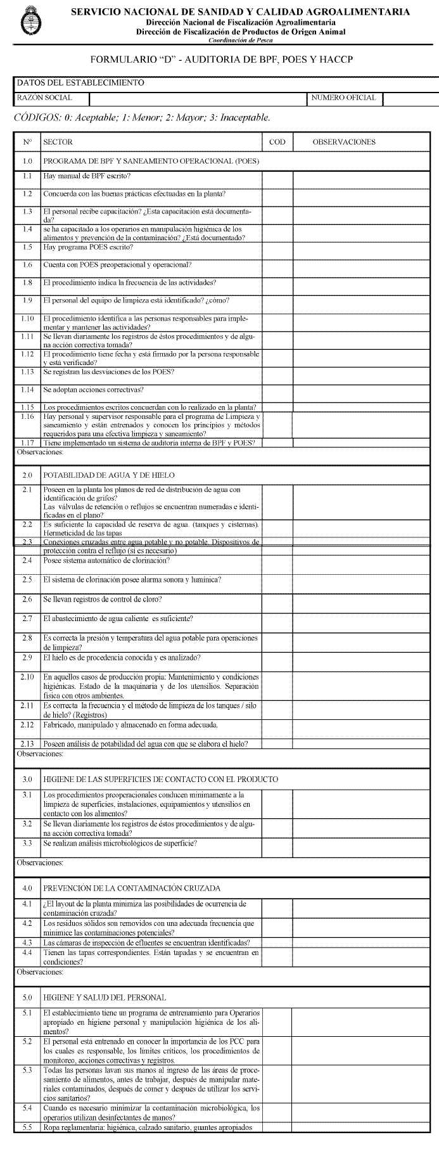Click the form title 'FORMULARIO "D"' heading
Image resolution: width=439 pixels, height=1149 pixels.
(x=221, y=59)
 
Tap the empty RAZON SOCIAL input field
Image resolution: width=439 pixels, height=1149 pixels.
(x=198, y=98)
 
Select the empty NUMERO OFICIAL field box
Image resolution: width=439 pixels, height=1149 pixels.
(x=410, y=98)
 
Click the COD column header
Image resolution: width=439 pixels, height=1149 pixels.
(x=277, y=142)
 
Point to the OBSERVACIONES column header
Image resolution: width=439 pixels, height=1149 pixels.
(x=344, y=142)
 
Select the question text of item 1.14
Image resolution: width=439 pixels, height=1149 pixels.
(x=93, y=389)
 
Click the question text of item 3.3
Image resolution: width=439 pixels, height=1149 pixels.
(x=120, y=844)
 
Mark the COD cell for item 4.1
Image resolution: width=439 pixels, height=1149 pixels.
(x=277, y=908)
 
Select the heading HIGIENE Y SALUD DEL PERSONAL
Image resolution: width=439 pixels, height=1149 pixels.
(x=105, y=998)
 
